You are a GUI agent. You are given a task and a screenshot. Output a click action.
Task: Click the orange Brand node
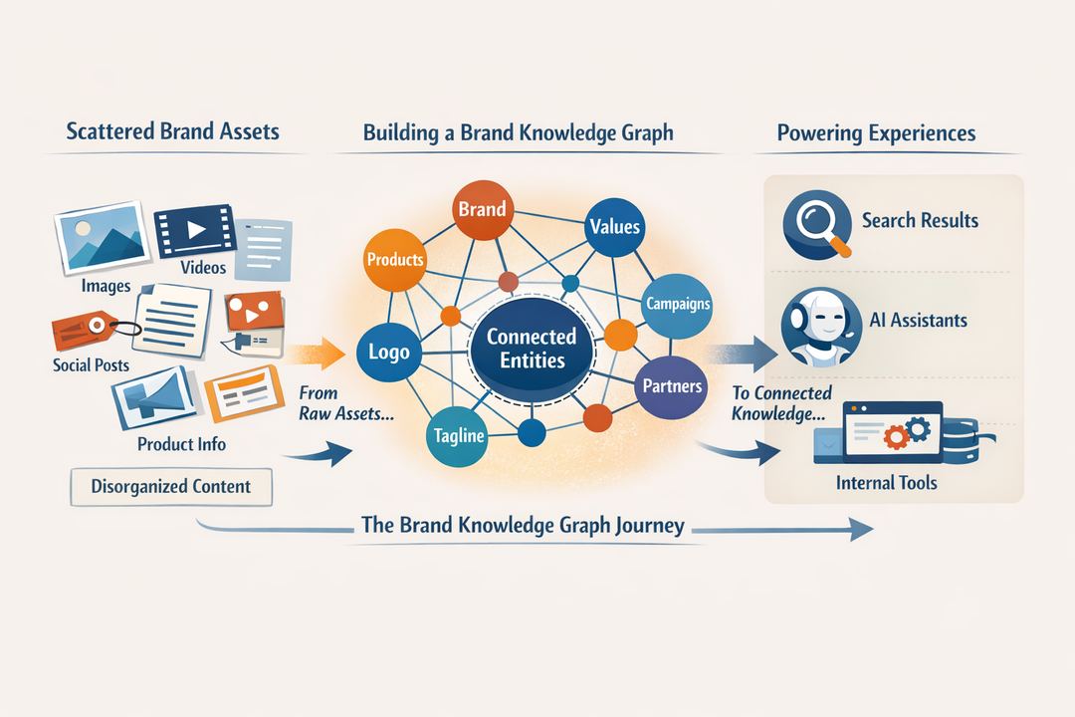coord(482,210)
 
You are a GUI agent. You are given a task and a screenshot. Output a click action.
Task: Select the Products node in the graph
coord(395,259)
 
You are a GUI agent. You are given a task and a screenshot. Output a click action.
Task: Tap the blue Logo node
coord(388,353)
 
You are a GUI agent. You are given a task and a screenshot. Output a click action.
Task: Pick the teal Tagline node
coord(458,436)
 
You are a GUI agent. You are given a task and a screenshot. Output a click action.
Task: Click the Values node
coord(614,227)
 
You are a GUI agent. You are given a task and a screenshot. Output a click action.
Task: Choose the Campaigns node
coord(677,304)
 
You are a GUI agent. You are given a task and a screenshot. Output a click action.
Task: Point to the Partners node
coord(671,385)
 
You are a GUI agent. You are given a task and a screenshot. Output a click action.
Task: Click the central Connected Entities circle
coord(531,349)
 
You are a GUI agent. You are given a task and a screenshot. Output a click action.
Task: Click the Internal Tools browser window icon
coord(892,431)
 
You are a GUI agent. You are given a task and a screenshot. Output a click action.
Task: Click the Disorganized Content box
coord(170,487)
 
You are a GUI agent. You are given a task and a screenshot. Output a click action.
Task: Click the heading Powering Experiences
coord(876,133)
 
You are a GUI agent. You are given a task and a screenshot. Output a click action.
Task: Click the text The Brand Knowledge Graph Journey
coord(522,526)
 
